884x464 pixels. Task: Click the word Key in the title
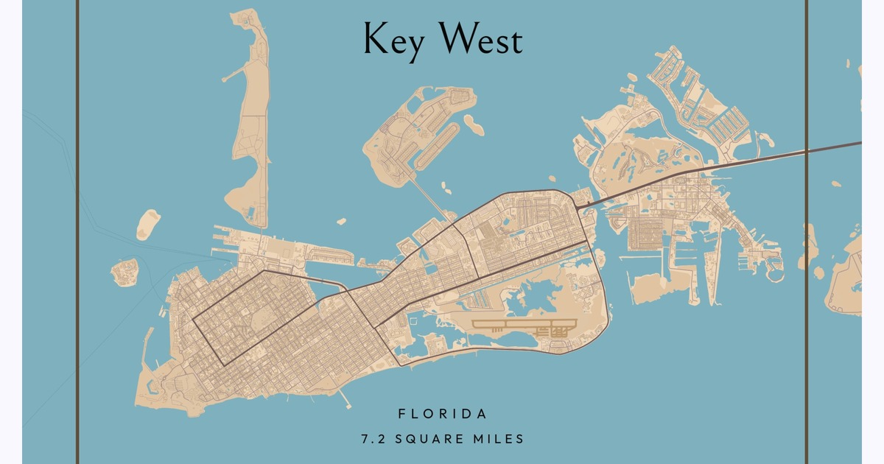point(393,40)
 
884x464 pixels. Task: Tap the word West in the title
point(482,40)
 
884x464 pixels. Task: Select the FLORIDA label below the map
point(442,415)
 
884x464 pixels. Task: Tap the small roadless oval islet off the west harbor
point(148,225)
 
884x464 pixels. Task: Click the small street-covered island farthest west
point(124,272)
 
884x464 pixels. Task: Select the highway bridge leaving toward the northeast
point(737,163)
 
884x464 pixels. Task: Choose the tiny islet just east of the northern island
point(474,128)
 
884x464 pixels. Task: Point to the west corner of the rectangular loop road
point(194,320)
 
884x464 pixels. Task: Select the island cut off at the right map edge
point(847,280)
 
